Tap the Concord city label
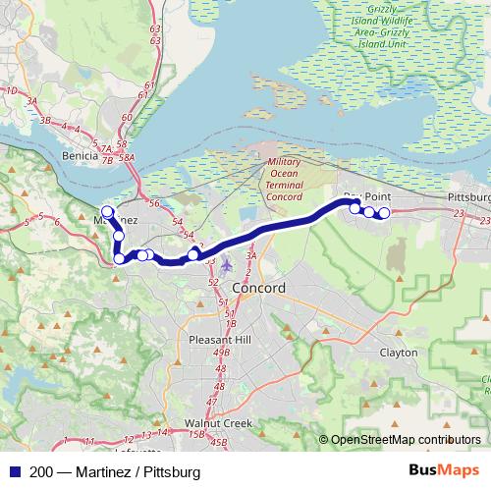point(258,290)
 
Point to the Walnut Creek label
point(219,423)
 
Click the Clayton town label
point(398,353)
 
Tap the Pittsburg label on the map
point(467,197)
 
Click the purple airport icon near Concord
point(228,264)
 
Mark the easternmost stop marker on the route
point(384,213)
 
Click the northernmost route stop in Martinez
point(107,211)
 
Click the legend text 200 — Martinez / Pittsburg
point(115,472)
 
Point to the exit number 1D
point(12,91)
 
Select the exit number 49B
point(220,352)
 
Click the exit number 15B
point(196,434)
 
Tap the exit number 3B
point(45,120)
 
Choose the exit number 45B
point(218,444)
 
